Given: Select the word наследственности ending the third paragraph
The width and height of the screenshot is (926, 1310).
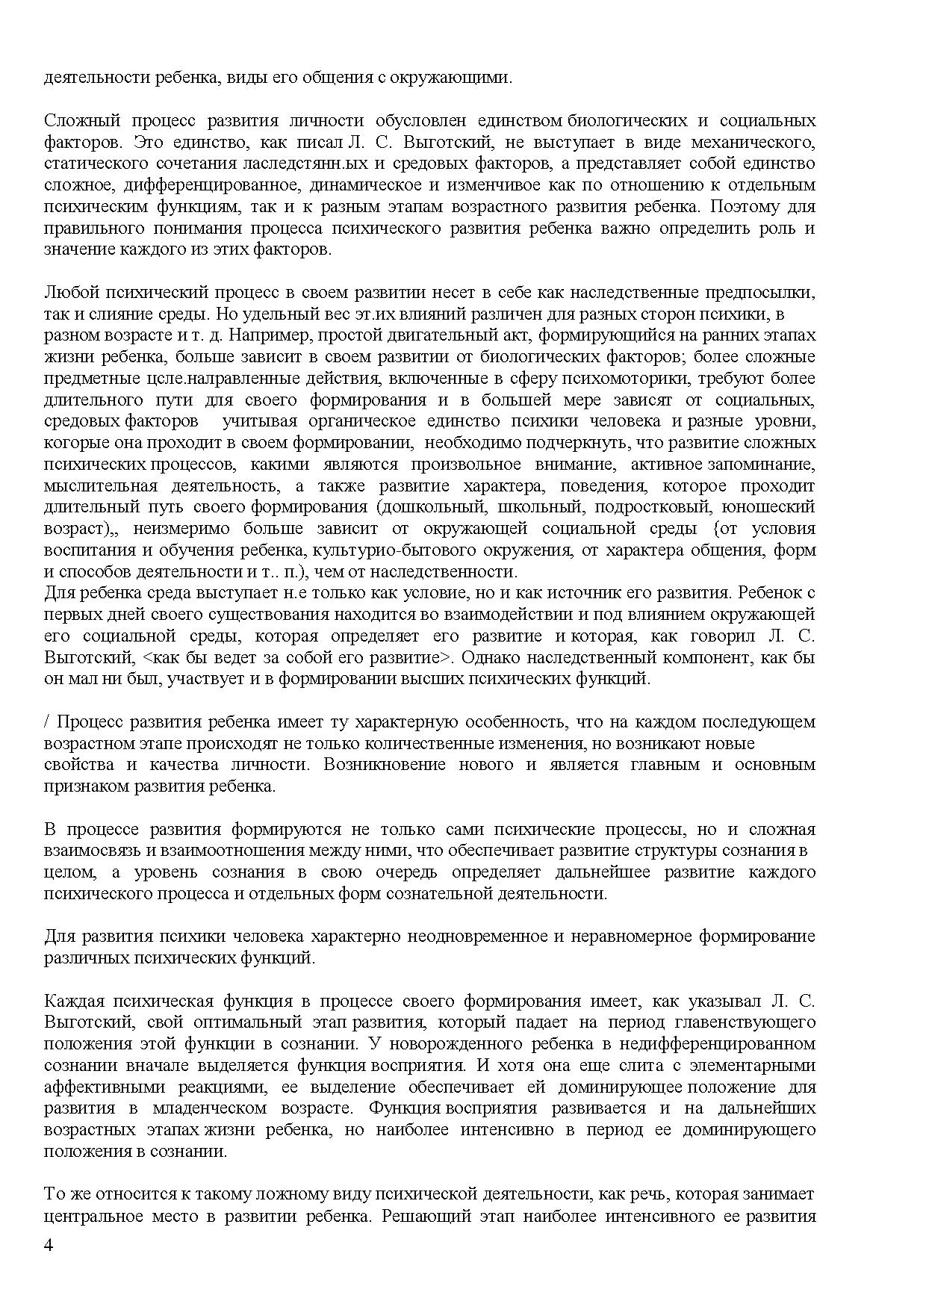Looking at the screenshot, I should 456,573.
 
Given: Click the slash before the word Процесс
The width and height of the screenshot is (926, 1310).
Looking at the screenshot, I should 47,722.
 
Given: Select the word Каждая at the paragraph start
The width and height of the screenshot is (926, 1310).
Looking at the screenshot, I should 71,1002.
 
